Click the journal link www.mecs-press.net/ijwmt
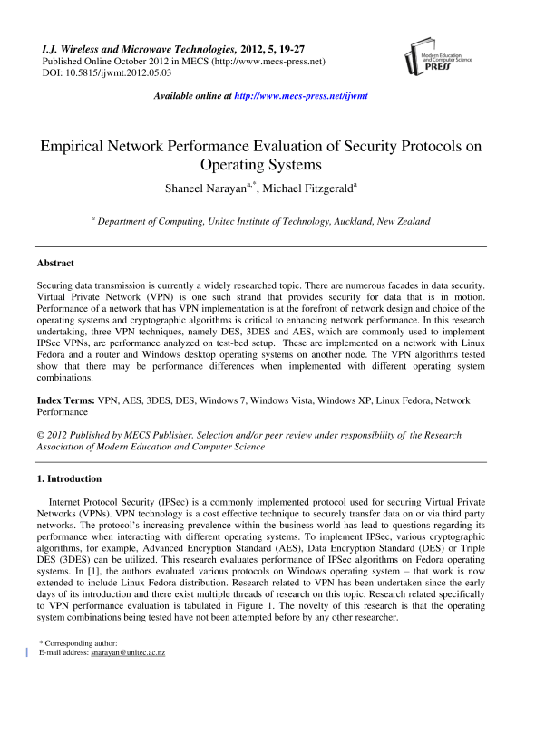pos(300,95)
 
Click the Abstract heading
pos(55,263)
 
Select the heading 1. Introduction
pos(69,478)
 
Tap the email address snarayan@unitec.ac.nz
pos(123,651)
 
